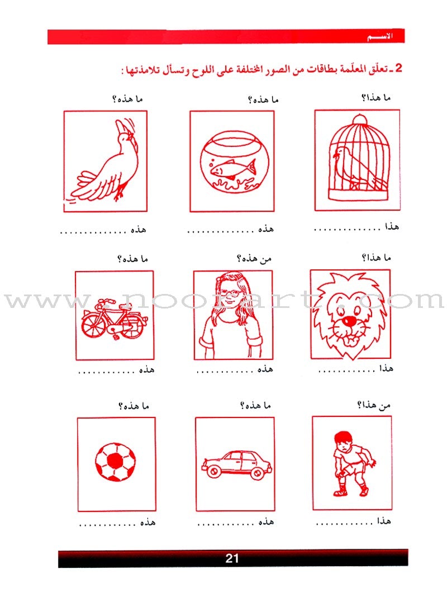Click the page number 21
pyautogui.click(x=232, y=558)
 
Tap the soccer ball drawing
pyautogui.click(x=115, y=462)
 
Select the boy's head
pyautogui.click(x=343, y=441)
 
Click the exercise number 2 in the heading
pyautogui.click(x=398, y=68)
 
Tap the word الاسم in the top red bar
pyautogui.click(x=381, y=37)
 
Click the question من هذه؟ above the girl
pyautogui.click(x=254, y=259)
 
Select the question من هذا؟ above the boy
pyautogui.click(x=373, y=405)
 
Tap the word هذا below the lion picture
pyautogui.click(x=386, y=368)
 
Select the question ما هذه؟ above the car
pyautogui.click(x=255, y=405)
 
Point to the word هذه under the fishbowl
pyautogui.click(x=266, y=229)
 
